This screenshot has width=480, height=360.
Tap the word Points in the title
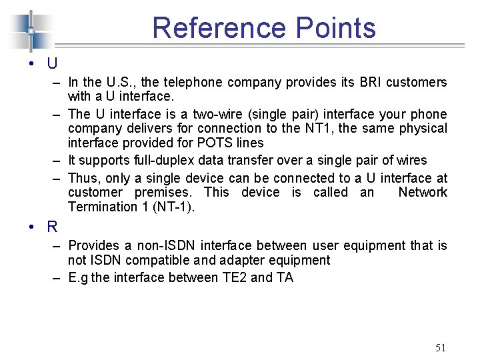tap(333, 28)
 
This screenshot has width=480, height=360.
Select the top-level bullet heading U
tap(52, 65)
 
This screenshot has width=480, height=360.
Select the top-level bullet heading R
tap(52, 227)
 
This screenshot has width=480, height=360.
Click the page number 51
tap(440, 347)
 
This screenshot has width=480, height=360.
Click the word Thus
tap(83, 178)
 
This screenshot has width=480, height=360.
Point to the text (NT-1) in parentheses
tap(173, 207)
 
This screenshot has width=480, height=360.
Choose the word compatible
tap(149, 260)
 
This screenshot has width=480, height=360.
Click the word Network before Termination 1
tap(423, 193)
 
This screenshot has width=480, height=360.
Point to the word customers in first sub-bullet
tap(414, 83)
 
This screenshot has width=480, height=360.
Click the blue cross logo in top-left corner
tap(31, 29)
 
